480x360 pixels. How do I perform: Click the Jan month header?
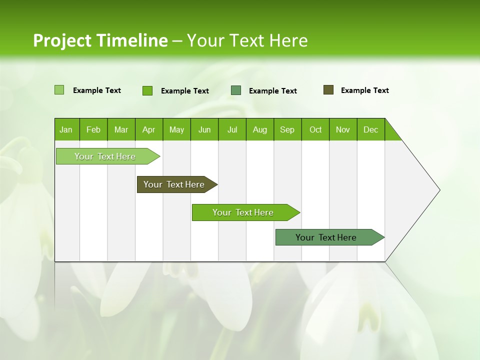(66, 129)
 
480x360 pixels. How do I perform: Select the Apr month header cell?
(149, 129)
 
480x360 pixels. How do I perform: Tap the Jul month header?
(232, 129)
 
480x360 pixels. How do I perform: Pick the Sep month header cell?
(287, 129)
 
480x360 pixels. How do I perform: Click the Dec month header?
(371, 129)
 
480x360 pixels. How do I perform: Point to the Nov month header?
(343, 129)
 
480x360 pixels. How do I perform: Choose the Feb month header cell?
(93, 129)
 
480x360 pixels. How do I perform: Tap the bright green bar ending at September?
(243, 212)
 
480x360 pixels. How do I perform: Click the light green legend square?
(59, 90)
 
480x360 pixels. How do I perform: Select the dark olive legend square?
(328, 90)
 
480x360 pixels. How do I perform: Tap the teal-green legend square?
(236, 90)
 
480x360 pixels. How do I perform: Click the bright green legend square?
(147, 90)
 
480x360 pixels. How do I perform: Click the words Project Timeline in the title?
(100, 40)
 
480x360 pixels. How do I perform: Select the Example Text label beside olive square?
(365, 90)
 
